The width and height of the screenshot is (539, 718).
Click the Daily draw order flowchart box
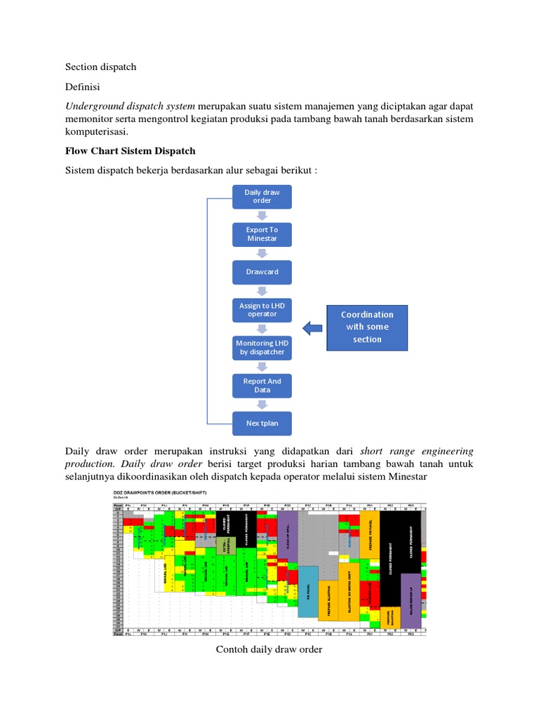tap(262, 196)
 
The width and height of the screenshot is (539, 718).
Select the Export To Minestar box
tap(262, 234)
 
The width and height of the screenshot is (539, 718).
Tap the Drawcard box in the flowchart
tap(262, 272)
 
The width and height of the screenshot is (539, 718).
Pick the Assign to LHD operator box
tap(262, 310)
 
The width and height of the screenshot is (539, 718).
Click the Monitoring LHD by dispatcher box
tap(262, 348)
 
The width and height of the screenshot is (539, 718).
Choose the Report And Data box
tap(262, 386)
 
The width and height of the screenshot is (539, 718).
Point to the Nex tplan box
tap(262, 424)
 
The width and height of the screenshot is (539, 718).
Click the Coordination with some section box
tap(367, 327)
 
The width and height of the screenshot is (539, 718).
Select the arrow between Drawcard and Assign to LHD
tap(262, 291)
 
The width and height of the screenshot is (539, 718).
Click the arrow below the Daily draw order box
tap(262, 215)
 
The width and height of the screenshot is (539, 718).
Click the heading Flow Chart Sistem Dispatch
tap(130, 151)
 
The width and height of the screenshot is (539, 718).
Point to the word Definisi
tap(83, 87)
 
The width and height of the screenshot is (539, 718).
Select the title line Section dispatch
tap(100, 67)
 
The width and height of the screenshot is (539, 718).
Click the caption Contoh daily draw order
tap(269, 649)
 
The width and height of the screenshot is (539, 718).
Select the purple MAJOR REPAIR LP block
tap(411, 600)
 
